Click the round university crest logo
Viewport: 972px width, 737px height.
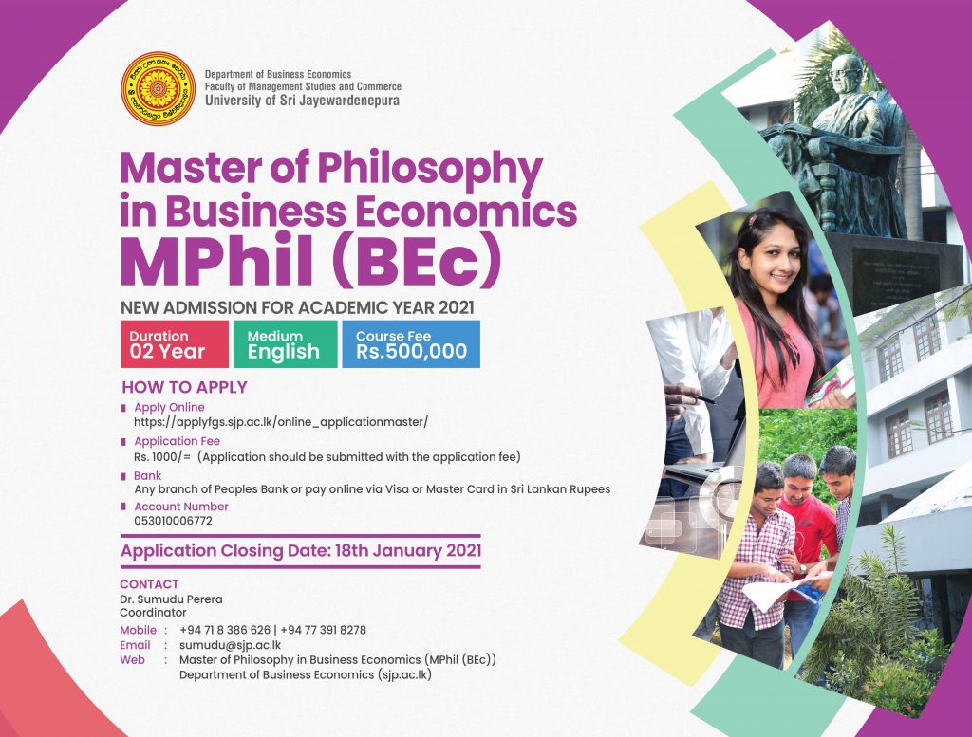point(159,88)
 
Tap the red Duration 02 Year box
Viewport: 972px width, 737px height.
point(175,344)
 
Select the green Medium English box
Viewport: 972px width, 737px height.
point(286,344)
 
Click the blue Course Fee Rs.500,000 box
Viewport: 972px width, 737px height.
point(411,344)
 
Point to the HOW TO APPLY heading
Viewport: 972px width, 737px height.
point(185,387)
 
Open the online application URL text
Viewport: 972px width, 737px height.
point(281,422)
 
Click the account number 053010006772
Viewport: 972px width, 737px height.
point(173,521)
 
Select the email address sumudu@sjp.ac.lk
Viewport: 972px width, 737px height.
point(230,645)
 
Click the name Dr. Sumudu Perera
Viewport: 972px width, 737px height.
point(171,599)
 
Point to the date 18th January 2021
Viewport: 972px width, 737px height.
point(408,550)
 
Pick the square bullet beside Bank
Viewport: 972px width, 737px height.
point(124,477)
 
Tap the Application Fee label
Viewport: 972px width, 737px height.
point(177,441)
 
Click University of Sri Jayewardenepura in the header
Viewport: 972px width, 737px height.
point(302,101)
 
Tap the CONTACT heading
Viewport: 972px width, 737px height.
point(149,584)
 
